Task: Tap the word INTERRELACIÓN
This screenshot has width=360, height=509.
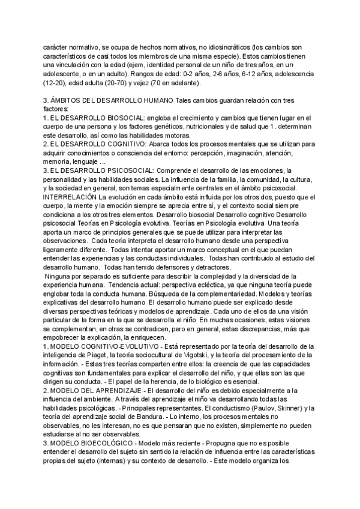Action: tap(70, 197)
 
